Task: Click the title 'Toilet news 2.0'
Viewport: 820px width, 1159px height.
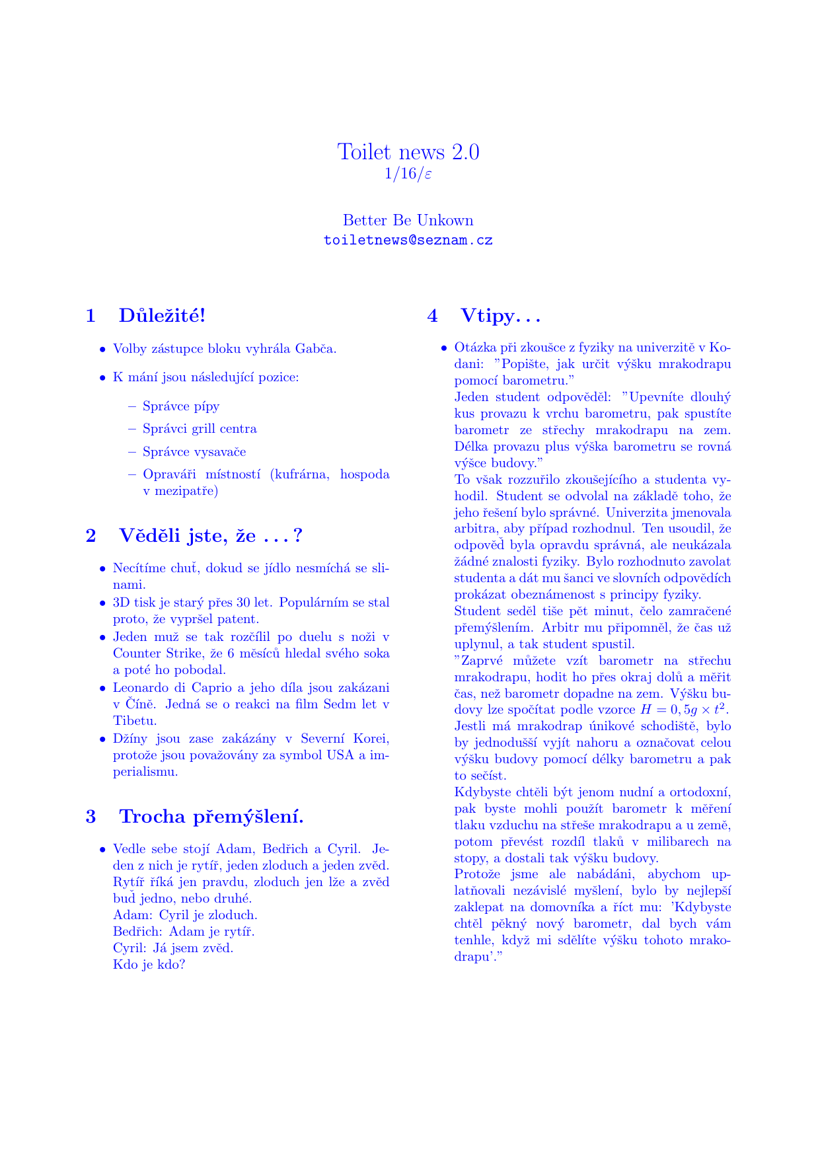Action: click(x=408, y=152)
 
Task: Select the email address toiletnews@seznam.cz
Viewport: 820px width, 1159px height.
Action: click(x=408, y=241)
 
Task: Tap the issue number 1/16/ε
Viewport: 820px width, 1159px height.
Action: click(x=408, y=174)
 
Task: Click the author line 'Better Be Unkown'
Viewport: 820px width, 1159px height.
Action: click(x=408, y=220)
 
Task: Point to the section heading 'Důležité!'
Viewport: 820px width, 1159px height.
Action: click(x=163, y=316)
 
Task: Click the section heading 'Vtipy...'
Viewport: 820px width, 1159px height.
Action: click(x=501, y=316)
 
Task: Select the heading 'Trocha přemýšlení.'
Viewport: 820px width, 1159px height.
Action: click(x=211, y=817)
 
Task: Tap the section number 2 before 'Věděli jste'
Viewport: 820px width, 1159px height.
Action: click(x=91, y=535)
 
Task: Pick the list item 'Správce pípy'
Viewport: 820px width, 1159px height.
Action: click(x=181, y=406)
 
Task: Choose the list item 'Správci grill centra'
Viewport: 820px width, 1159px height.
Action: click(x=200, y=429)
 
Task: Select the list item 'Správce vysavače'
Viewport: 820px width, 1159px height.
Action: click(x=194, y=452)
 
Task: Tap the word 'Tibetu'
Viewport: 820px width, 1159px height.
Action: click(x=134, y=720)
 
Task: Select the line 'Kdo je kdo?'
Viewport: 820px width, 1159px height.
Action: click(x=149, y=964)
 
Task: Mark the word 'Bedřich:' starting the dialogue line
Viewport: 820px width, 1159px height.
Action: click(x=138, y=932)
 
